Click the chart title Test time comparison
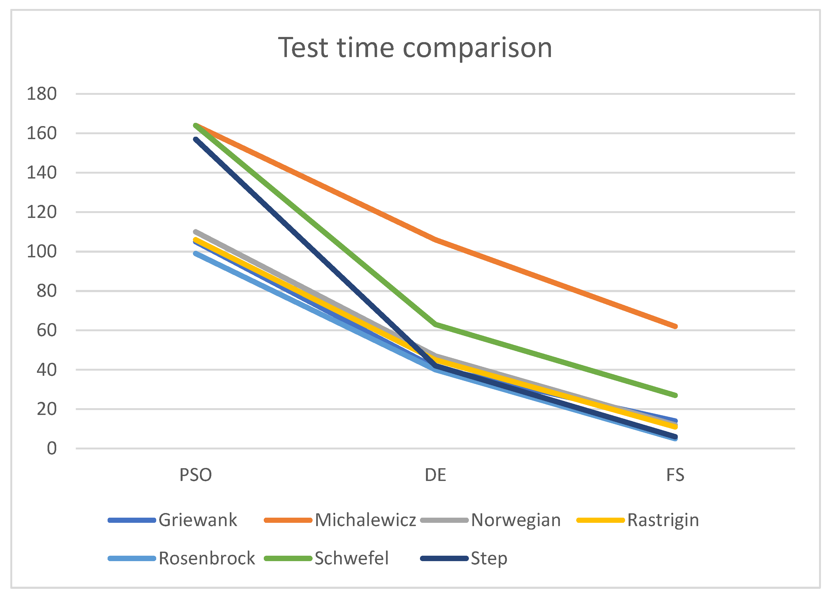click(x=415, y=48)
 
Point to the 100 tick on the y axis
click(x=42, y=252)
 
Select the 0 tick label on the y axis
click(x=51, y=448)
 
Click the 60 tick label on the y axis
click(x=46, y=330)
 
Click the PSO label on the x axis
click(x=195, y=475)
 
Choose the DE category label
click(x=435, y=475)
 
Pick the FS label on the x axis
click(x=675, y=475)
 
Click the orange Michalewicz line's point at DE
click(x=435, y=239)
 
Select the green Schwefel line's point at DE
click(x=435, y=324)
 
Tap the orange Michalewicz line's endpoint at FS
click(x=675, y=326)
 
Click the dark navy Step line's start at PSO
click(x=196, y=139)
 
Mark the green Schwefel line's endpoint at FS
click(x=675, y=395)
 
